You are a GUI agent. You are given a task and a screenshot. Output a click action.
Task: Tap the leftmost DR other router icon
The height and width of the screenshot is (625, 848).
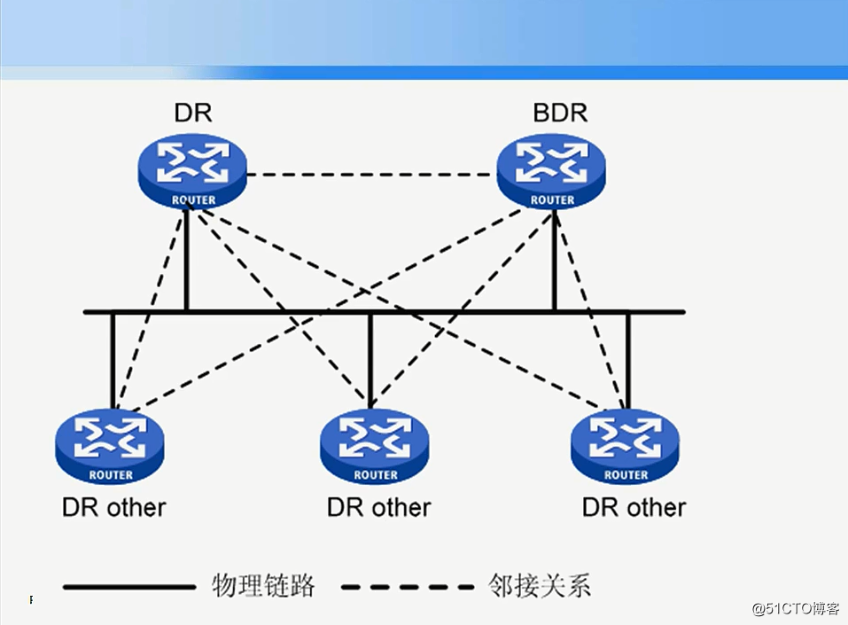[x=110, y=447]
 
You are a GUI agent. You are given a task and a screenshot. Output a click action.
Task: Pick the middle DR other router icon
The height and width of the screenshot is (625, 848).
[x=376, y=447]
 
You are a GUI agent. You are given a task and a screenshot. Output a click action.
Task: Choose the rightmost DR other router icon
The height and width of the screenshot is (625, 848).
[x=626, y=447]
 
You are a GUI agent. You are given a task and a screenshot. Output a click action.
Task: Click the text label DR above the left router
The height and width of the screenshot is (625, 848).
[x=193, y=113]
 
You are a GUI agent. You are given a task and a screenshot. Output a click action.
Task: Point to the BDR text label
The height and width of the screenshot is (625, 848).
[x=560, y=113]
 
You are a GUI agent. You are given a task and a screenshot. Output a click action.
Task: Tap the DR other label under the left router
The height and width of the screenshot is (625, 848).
[x=113, y=508]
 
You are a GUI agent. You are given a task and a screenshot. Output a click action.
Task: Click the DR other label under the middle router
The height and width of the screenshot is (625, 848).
[x=378, y=508]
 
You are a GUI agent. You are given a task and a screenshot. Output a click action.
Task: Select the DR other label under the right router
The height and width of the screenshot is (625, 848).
[x=634, y=508]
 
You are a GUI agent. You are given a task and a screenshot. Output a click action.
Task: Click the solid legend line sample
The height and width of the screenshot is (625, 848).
[x=129, y=586]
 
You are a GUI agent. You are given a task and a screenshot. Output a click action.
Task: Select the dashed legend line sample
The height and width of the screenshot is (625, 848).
[x=408, y=586]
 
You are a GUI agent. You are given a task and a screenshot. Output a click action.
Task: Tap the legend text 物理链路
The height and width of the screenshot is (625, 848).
[x=263, y=585]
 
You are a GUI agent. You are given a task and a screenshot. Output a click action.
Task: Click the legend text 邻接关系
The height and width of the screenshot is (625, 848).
[x=539, y=585]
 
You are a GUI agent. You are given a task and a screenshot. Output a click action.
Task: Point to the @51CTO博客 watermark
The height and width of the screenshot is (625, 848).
[x=795, y=609]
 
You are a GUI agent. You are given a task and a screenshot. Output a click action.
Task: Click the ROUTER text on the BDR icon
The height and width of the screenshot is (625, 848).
[x=552, y=200]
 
